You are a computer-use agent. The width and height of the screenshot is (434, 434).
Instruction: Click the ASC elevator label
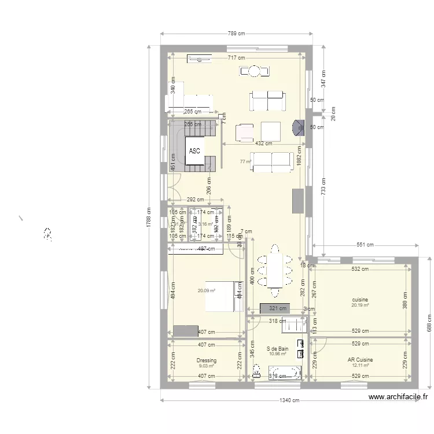coord(194,151)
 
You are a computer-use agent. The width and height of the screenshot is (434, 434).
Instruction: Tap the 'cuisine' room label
coord(360,300)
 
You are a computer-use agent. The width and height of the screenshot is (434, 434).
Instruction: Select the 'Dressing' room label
coord(206,360)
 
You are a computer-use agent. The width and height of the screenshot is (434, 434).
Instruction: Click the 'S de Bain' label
coord(277,349)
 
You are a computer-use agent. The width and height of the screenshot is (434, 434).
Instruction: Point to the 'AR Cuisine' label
coord(360,360)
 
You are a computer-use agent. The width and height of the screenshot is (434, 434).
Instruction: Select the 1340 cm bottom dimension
coord(288,400)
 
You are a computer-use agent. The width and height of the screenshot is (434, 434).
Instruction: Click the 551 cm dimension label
coord(363,245)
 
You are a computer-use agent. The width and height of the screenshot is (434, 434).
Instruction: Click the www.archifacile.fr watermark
coord(398,397)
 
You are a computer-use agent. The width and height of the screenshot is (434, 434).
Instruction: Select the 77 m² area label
coord(245,162)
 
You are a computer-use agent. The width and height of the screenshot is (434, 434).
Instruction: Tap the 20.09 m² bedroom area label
coord(206,291)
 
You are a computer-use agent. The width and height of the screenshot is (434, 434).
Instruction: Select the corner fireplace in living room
coord(298,127)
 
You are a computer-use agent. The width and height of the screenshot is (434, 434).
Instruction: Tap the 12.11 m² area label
coord(360,366)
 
